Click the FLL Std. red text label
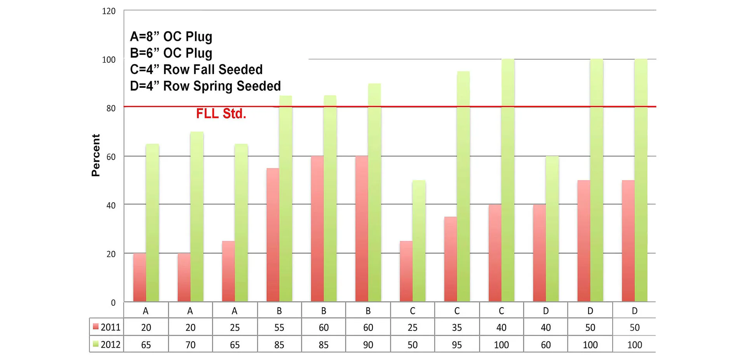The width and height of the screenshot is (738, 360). [221, 114]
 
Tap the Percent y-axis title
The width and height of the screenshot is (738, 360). [96, 155]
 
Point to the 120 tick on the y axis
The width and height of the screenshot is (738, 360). [109, 11]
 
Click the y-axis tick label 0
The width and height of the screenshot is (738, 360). [113, 303]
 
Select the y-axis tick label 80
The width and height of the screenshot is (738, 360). [111, 108]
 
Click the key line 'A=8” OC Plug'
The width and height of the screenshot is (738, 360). [171, 37]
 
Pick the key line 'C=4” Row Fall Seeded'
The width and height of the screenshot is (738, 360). [196, 70]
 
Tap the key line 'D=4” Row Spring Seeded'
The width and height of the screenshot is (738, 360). [205, 86]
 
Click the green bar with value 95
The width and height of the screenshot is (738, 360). [463, 186]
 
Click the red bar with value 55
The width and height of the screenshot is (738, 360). [273, 235]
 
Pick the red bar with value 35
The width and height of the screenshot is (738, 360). [451, 259]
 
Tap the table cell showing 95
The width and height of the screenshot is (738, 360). [457, 344]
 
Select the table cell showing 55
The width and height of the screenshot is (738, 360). [279, 327]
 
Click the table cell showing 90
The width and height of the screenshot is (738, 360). [368, 344]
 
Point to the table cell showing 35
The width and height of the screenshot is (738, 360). [457, 327]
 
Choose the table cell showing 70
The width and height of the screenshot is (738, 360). [190, 344]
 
